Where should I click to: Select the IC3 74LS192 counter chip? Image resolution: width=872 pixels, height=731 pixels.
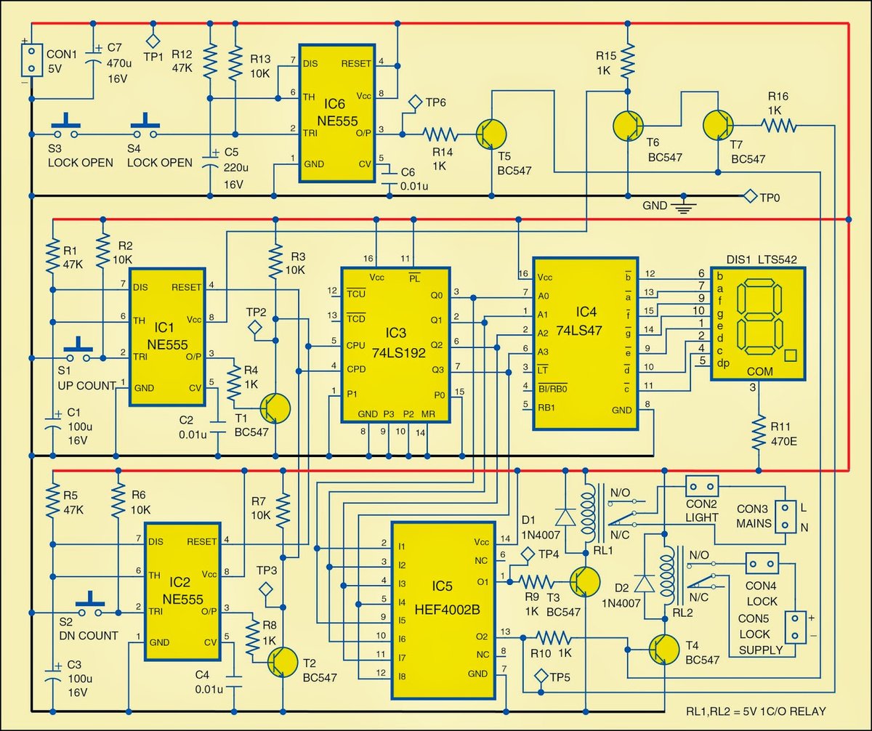point(397,344)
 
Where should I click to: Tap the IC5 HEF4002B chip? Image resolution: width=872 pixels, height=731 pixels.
point(448,610)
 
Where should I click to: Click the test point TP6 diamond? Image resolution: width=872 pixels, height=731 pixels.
point(416,102)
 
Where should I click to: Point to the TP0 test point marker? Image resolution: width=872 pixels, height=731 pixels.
point(747,195)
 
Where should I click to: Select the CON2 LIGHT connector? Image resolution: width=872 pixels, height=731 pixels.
point(702,485)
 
